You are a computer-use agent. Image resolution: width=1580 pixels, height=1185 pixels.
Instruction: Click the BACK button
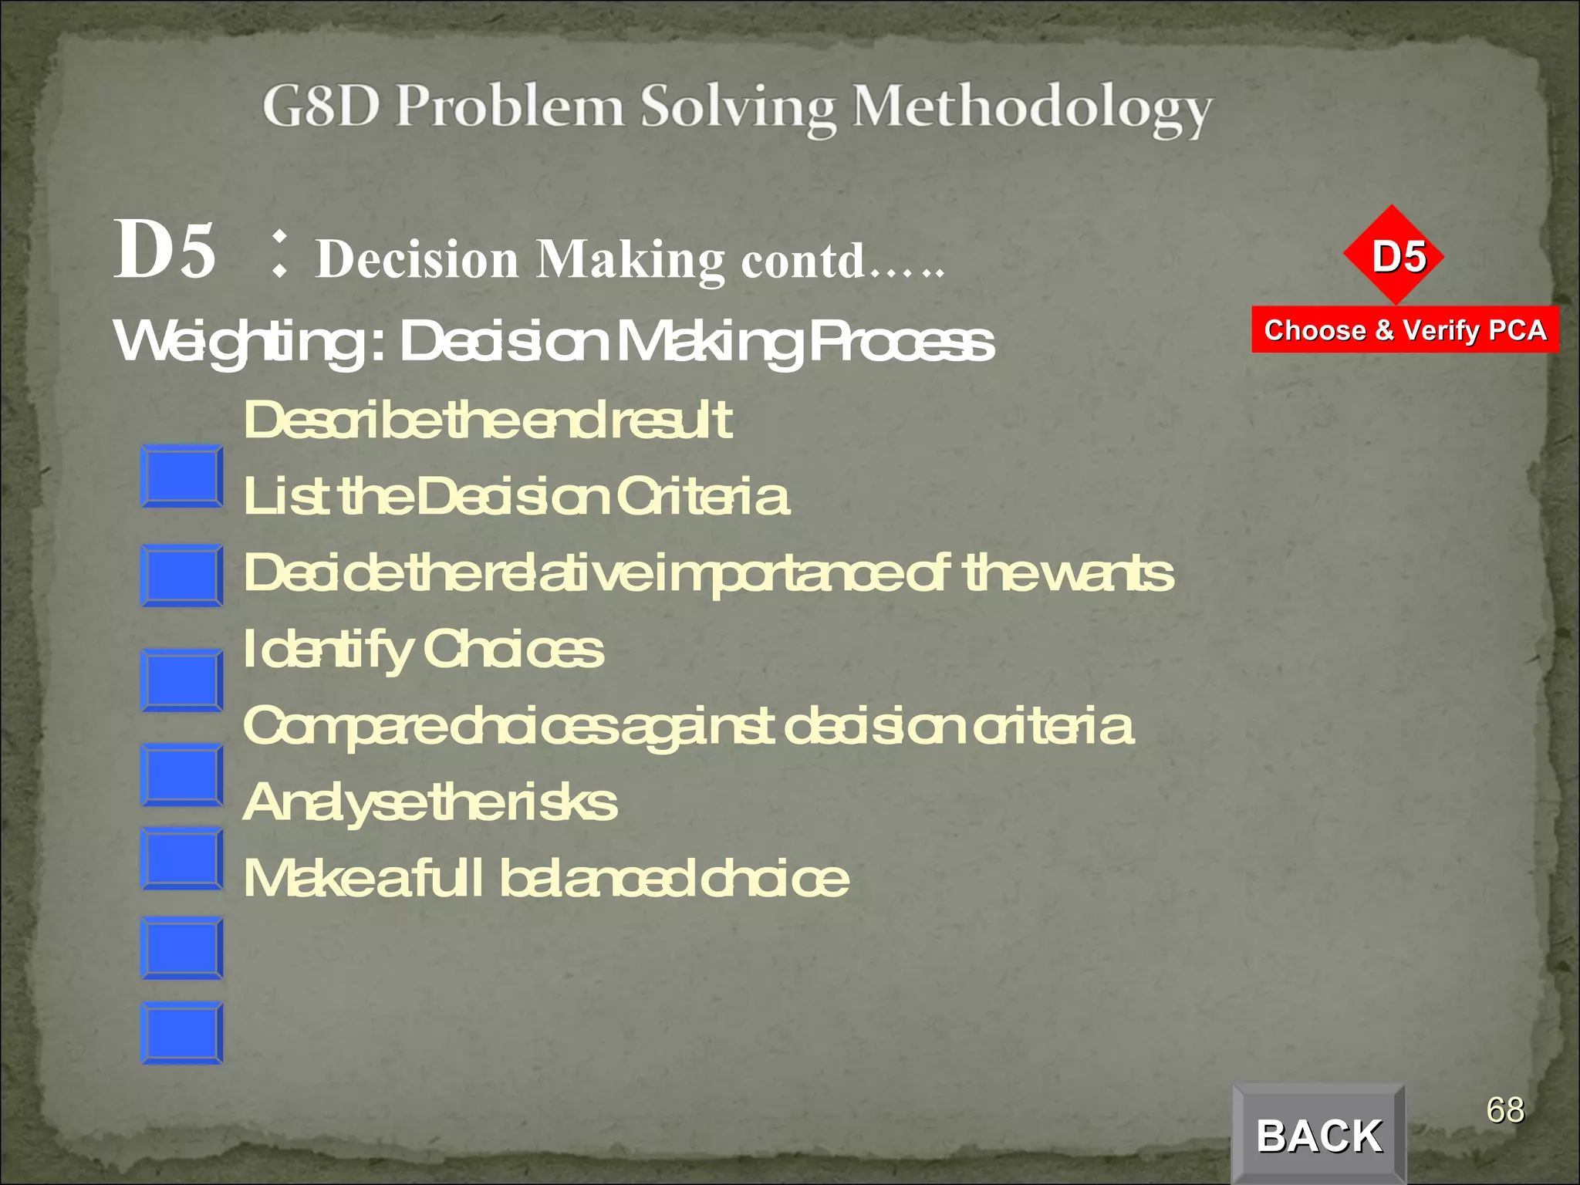[1318, 1135]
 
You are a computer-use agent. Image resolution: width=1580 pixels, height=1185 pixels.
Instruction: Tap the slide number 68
[1505, 1110]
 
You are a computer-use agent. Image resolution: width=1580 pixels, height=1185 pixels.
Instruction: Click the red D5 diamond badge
[1393, 255]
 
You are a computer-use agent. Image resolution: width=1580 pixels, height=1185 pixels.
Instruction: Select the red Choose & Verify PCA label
[1405, 330]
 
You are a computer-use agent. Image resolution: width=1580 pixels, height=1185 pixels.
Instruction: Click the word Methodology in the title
[1031, 109]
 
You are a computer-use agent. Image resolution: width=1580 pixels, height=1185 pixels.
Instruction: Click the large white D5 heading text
[164, 249]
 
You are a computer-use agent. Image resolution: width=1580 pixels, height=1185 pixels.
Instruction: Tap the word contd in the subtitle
[802, 261]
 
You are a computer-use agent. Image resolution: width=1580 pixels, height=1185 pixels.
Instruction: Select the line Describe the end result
[487, 420]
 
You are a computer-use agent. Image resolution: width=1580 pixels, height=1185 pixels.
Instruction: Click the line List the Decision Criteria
[515, 496]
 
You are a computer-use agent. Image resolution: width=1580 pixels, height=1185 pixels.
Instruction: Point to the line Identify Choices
[423, 650]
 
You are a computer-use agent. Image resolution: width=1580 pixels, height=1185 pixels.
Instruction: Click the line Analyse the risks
[430, 802]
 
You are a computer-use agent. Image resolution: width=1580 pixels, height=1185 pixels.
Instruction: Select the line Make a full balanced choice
[545, 879]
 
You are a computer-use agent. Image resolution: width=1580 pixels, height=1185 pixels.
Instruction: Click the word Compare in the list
[344, 727]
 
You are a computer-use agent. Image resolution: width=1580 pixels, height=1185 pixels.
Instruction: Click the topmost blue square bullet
[182, 476]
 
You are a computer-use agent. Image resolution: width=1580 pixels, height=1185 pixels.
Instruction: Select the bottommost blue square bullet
[182, 1033]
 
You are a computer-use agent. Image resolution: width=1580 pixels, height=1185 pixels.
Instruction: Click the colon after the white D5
[279, 255]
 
